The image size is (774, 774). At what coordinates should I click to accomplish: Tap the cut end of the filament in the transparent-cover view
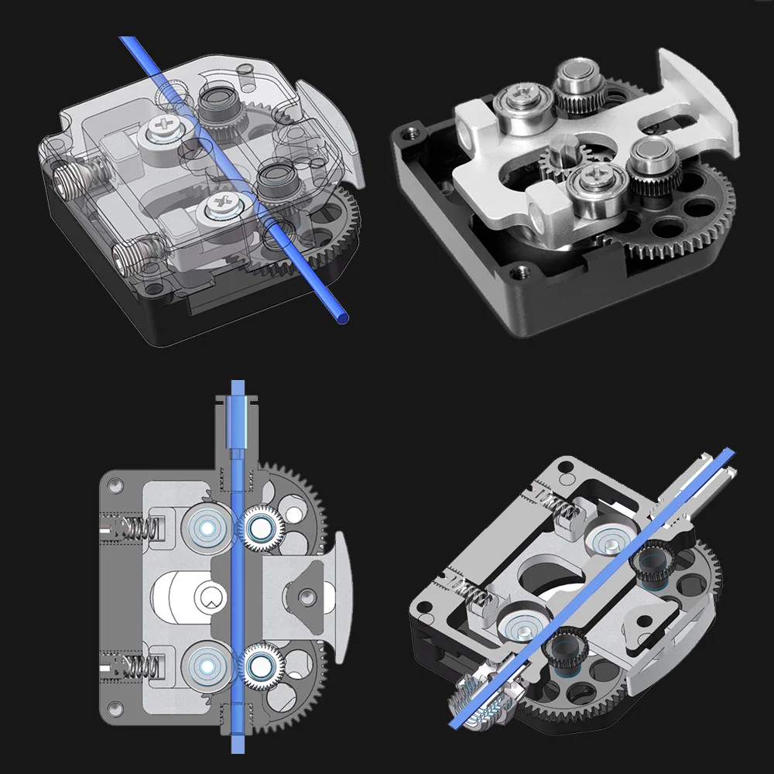341,317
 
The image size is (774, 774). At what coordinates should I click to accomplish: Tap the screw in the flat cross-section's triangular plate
308,594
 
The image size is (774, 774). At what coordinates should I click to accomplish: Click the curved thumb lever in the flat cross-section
341,596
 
